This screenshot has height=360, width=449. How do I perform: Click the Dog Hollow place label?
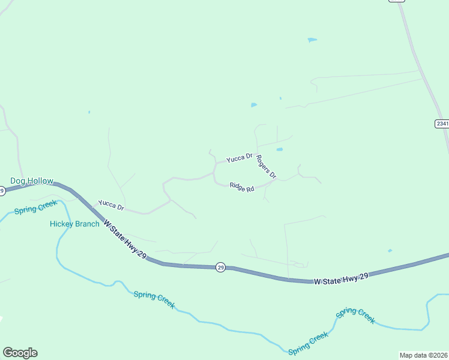pos(32,181)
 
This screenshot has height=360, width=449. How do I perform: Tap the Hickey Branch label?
pos(74,224)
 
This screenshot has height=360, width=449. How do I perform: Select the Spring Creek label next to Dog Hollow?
pos(35,208)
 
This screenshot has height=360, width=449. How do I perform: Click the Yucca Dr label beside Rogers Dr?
pos(239,158)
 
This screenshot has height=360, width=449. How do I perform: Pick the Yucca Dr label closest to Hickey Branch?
pos(111,206)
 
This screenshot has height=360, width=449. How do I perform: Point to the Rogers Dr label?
pos(265,167)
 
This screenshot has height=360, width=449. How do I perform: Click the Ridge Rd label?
pos(242,188)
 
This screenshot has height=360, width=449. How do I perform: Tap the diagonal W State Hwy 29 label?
pos(125,239)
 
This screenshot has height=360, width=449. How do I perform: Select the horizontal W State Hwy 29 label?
pos(340,278)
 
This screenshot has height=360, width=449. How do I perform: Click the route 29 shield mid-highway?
pos(220,267)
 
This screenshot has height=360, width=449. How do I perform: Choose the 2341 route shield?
pos(442,124)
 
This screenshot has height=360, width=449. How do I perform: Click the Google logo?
pos(20,353)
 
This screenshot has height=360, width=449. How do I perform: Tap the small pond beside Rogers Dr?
pos(279,149)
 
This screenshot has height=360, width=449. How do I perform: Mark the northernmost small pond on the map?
pos(312,40)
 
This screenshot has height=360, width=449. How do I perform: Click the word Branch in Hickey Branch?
pos(87,224)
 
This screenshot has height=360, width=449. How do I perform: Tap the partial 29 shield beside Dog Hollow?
pos(2,191)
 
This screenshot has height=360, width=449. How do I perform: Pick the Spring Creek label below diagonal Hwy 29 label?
pos(154,299)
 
